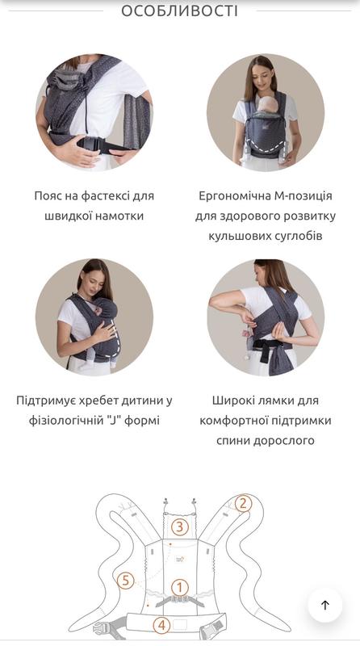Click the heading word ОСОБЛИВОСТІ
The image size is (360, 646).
click(x=179, y=10)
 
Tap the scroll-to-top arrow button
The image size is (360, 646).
click(x=325, y=605)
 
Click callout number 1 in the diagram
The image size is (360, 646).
click(x=179, y=588)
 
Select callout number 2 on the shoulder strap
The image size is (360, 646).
click(x=243, y=503)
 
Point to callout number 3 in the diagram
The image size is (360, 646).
click(x=179, y=527)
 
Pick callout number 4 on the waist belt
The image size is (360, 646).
click(x=162, y=625)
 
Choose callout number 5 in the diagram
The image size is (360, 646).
click(x=126, y=581)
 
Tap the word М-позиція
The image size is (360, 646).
click(x=303, y=195)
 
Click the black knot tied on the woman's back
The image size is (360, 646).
click(x=267, y=349)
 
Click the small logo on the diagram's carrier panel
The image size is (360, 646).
click(x=180, y=559)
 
